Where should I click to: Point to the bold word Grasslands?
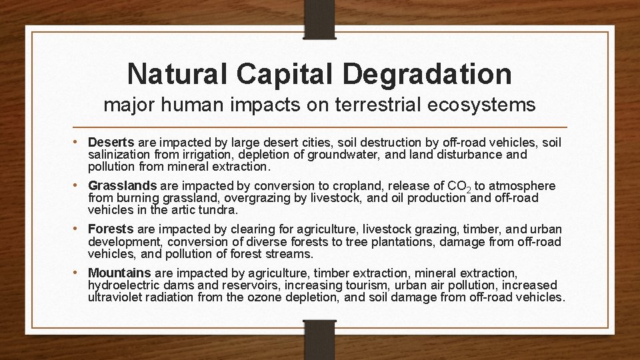pos(122,186)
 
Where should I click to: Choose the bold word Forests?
pos(111,229)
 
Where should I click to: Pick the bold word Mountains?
pos(120,273)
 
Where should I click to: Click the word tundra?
pos(215,209)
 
